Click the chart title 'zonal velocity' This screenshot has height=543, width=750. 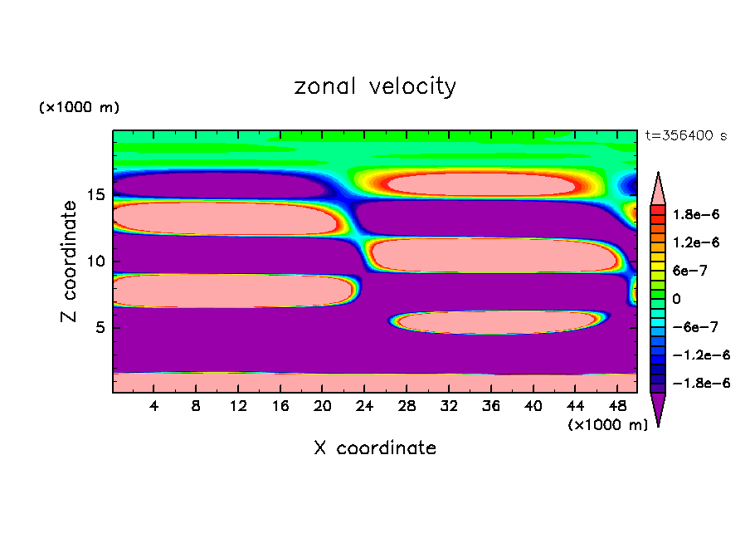[375, 86]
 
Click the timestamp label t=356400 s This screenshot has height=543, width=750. [686, 135]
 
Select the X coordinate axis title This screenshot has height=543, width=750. [375, 448]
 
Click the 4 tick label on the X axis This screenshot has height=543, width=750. [153, 405]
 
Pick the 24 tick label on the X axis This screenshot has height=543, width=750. [363, 405]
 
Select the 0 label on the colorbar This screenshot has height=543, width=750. [675, 298]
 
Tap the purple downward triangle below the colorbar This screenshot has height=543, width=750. [658, 408]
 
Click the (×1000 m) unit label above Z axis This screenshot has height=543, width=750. [79, 108]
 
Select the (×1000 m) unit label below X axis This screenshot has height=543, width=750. [607, 425]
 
